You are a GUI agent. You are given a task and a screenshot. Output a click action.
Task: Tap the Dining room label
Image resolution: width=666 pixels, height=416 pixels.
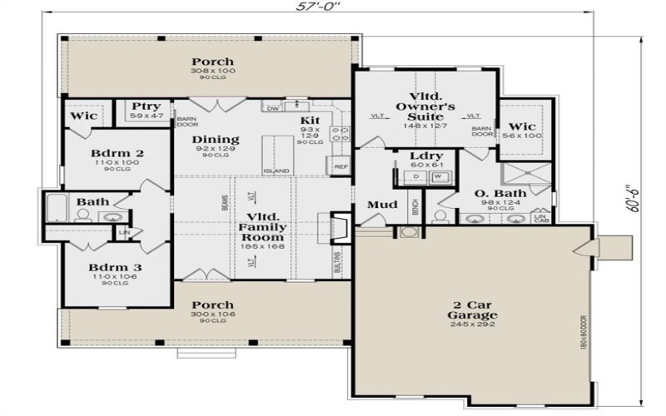[x=216, y=139]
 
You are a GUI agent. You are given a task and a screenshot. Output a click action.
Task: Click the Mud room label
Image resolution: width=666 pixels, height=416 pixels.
[x=380, y=205]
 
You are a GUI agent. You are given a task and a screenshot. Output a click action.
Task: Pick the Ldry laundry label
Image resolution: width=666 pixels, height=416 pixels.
[x=426, y=156]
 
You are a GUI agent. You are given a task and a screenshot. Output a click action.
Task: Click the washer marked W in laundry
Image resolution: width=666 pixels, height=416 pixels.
[x=440, y=176]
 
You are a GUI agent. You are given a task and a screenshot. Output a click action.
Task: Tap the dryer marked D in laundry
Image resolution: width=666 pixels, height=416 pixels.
[x=416, y=176]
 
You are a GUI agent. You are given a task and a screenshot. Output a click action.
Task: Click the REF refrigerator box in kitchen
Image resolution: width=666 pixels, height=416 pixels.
[x=341, y=167]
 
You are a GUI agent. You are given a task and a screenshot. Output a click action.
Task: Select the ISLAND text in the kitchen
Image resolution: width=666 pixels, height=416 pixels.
[x=276, y=171]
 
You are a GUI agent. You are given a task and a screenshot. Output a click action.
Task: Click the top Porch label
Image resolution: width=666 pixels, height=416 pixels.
[x=212, y=62]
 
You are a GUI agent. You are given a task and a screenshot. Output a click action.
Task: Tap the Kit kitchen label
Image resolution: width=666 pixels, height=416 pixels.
[x=310, y=121]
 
